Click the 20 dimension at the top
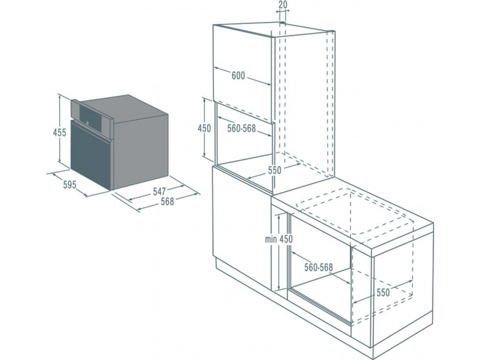tap(283, 5)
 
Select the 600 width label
tap(238, 76)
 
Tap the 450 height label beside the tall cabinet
tap(204, 129)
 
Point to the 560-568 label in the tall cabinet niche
tap(241, 129)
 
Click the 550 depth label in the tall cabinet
tap(274, 170)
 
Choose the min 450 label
tap(279, 239)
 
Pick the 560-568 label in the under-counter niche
tap(318, 267)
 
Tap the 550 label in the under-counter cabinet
tap(383, 293)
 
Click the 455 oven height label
tap(59, 132)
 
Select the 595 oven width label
tap(70, 185)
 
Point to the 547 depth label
tap(159, 191)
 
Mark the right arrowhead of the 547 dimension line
tap(182, 186)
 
